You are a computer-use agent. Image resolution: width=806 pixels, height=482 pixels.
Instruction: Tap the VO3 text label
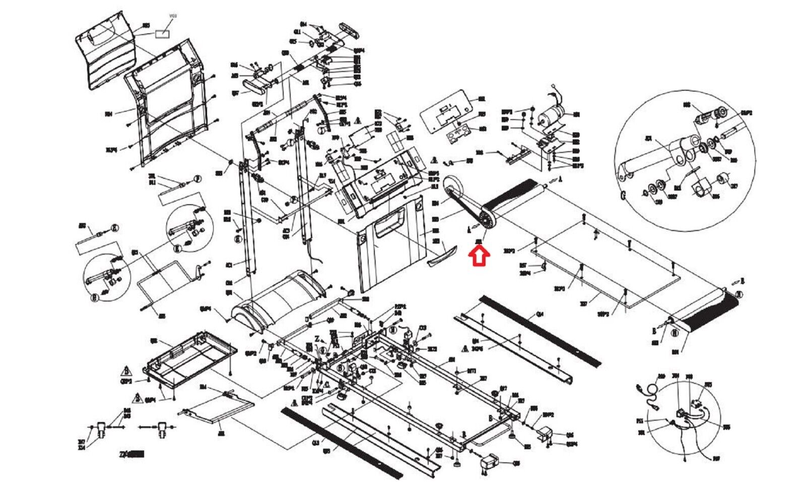tap(173, 16)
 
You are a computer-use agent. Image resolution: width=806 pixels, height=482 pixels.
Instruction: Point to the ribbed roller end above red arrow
tap(487, 220)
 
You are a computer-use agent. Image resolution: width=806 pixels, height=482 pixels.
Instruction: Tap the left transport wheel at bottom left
tap(101, 430)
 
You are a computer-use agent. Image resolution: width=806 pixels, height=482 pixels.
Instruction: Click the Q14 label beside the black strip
tap(540, 314)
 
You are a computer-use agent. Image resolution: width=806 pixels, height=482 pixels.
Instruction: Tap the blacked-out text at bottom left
tap(136, 454)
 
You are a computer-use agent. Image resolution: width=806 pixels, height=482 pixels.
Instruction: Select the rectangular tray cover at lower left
tap(191, 358)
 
